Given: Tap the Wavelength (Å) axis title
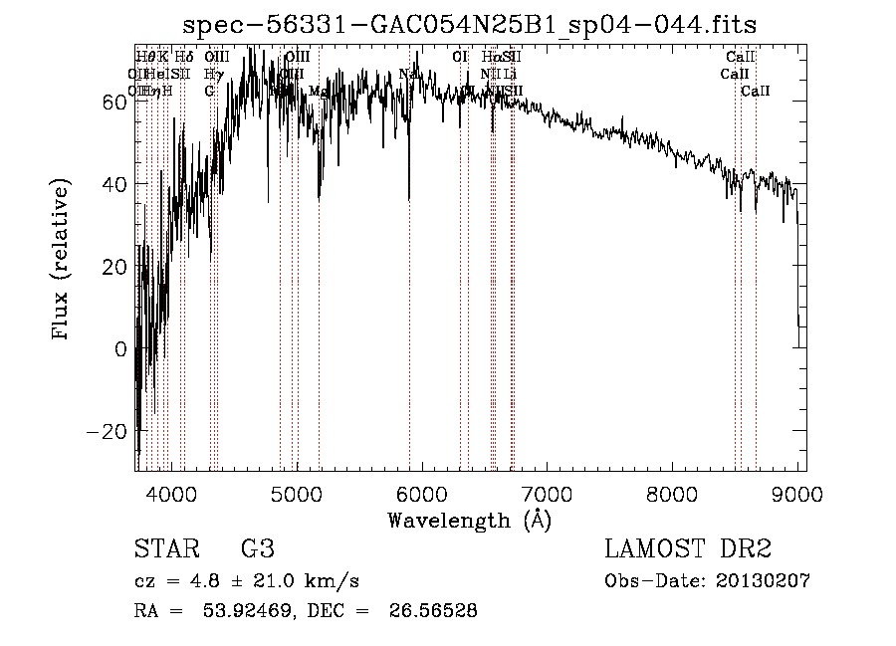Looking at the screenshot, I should point(468,520).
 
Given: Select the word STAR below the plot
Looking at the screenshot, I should point(165,549).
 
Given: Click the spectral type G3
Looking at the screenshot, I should point(258,549).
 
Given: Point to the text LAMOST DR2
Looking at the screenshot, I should point(688,549).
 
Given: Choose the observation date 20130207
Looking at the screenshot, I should point(763,581).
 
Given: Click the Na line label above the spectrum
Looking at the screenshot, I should point(407,74).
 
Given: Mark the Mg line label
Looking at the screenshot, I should point(318,91).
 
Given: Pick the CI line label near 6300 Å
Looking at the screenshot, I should point(459,57).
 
